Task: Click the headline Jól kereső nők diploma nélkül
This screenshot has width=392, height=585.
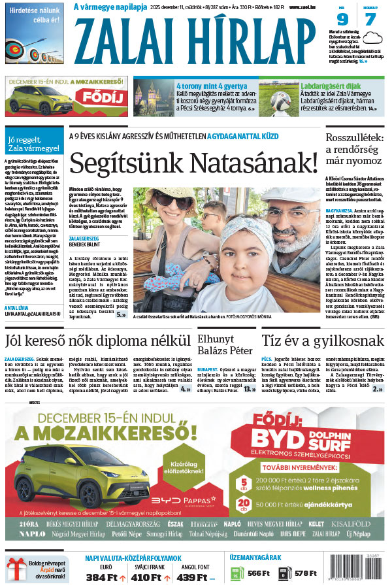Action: click(x=97, y=341)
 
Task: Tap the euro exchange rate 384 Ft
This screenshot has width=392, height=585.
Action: click(x=101, y=577)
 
